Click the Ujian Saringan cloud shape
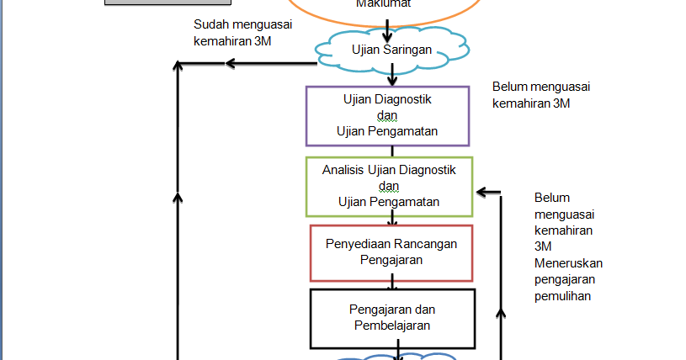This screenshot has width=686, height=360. pos(392,50)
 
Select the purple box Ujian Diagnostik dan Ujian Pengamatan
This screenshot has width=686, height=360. pos(387,115)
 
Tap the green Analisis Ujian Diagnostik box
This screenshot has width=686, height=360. pos(389,186)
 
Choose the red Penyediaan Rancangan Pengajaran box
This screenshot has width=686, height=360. pos(391,252)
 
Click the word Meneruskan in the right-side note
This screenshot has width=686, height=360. pos(568,263)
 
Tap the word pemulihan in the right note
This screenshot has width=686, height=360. pos(561,296)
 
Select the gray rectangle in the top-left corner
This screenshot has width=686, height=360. pos(155,3)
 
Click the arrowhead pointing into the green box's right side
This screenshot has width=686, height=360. pos(481,192)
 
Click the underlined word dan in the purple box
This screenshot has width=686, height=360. pos(387,115)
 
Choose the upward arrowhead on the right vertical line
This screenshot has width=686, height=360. pos(501,313)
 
